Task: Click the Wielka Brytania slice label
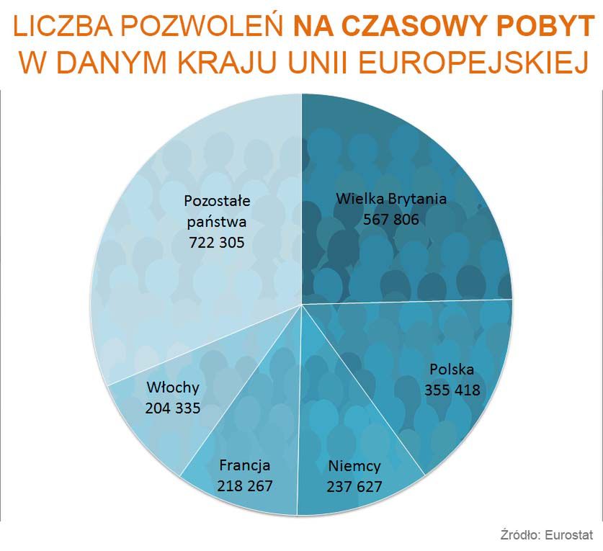(x=391, y=200)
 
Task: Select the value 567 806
(x=391, y=220)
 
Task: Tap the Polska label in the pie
(x=452, y=370)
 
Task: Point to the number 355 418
(x=452, y=390)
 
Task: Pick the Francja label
(x=245, y=465)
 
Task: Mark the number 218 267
(x=245, y=485)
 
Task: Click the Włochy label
(x=172, y=388)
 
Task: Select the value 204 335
(x=172, y=408)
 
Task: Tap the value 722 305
(x=216, y=243)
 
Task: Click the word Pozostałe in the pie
(x=216, y=200)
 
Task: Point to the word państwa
(x=216, y=221)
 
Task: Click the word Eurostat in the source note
(x=569, y=535)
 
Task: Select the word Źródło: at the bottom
(x=521, y=535)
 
